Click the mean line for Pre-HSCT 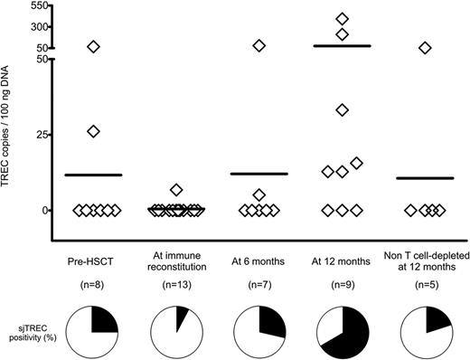click(93, 175)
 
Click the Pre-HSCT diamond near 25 click(93, 131)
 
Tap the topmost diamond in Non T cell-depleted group click(425, 47)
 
